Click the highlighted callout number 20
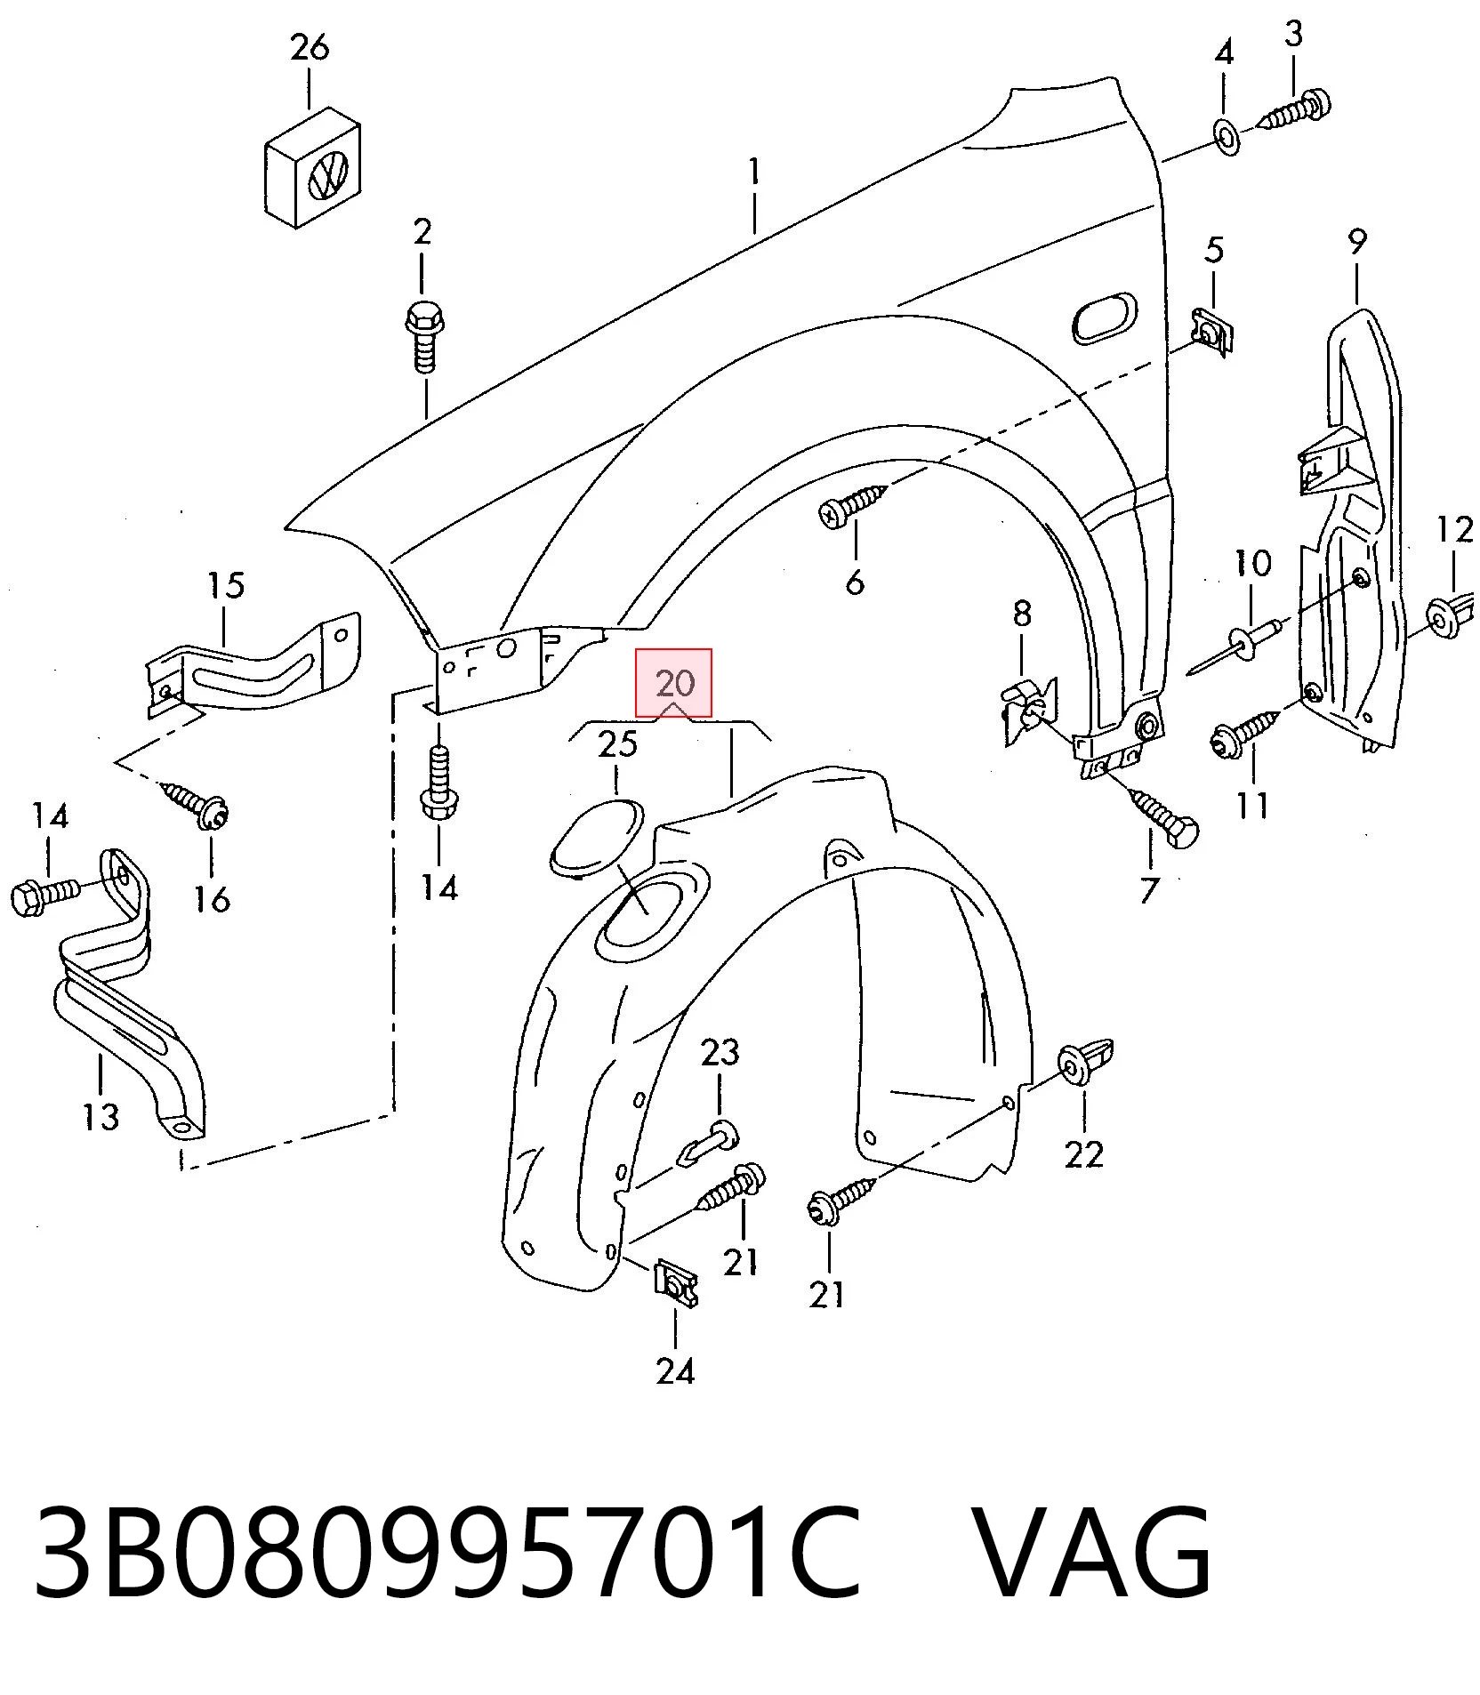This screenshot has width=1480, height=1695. [674, 683]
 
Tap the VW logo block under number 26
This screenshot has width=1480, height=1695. [313, 168]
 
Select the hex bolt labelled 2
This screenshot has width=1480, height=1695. [424, 337]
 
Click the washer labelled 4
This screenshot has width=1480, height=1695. [1227, 138]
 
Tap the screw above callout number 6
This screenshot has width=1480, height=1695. [853, 505]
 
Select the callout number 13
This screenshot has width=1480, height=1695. [101, 1116]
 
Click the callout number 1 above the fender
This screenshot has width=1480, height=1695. [754, 172]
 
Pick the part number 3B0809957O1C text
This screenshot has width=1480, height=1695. [447, 1553]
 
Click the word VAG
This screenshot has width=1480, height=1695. [1090, 1553]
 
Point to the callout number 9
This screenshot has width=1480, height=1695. [1356, 241]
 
